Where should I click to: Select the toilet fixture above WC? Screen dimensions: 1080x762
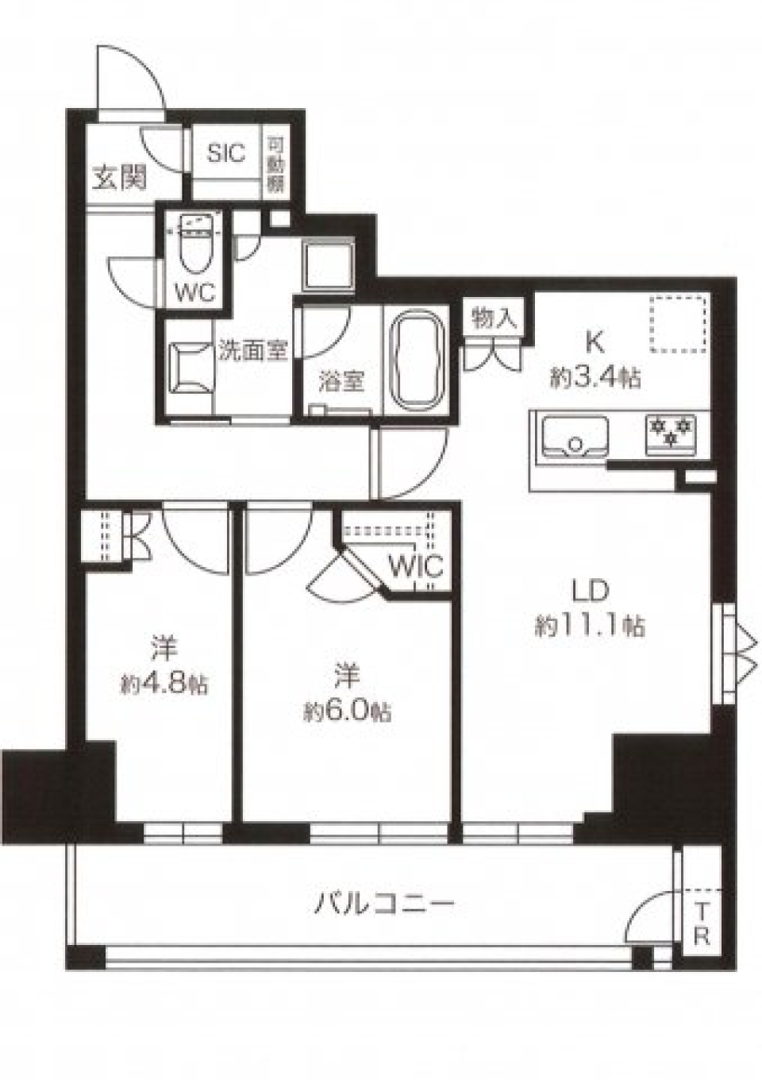point(194,245)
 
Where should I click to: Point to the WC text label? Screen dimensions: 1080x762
point(194,292)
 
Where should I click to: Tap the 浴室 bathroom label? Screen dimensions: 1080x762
point(341,381)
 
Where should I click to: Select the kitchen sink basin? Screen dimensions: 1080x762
point(575,437)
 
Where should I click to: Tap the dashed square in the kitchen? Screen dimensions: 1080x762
point(677,323)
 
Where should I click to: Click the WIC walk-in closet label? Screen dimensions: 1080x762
point(415,567)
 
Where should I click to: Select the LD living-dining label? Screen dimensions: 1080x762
point(591,591)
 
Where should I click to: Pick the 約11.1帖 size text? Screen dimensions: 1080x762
point(589,627)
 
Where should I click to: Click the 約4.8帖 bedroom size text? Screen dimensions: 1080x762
point(165,684)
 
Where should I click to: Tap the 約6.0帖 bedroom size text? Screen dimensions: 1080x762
point(348,710)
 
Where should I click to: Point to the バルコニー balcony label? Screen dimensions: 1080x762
point(385,904)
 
